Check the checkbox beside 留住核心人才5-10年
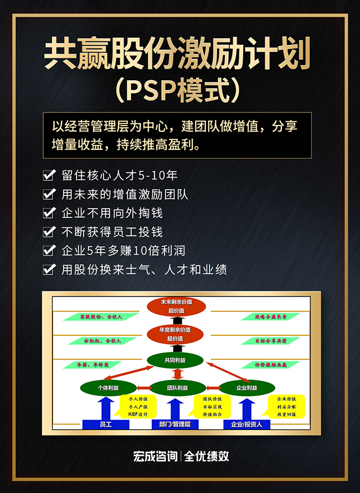click(49, 176)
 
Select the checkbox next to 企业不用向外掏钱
click(49, 212)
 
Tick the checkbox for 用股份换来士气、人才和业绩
click(49, 269)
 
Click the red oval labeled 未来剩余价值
click(176, 306)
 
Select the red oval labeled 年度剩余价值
click(176, 334)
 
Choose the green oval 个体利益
click(107, 388)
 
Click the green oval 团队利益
click(177, 388)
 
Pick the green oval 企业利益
click(246, 388)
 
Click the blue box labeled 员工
click(106, 424)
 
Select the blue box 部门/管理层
click(175, 424)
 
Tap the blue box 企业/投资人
click(246, 424)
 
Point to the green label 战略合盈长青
click(270, 317)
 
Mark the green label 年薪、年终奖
click(91, 365)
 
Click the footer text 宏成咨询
click(155, 456)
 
